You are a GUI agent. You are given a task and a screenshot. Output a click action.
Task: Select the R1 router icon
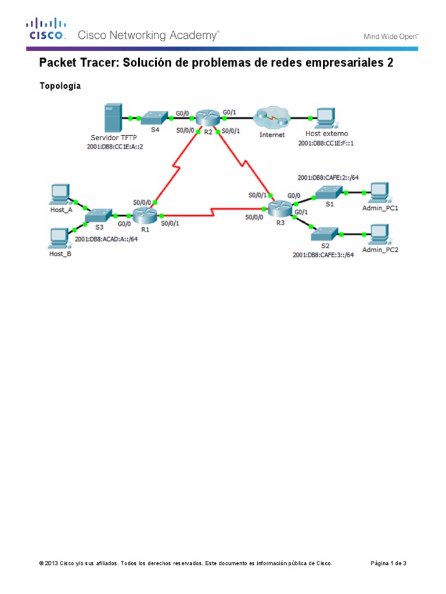pyautogui.click(x=142, y=216)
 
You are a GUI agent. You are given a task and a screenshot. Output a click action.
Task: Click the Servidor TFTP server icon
pyautogui.click(x=111, y=118)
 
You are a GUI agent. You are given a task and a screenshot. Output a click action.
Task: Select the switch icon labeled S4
pyautogui.click(x=155, y=118)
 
